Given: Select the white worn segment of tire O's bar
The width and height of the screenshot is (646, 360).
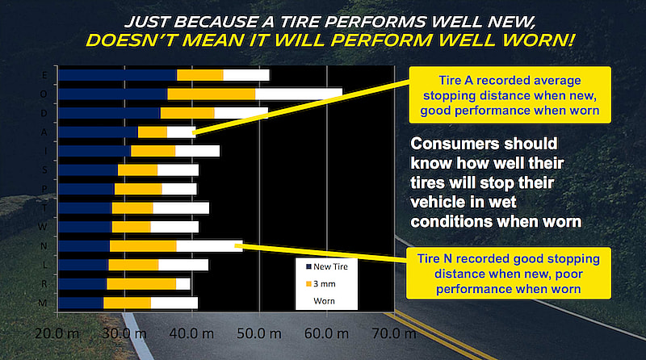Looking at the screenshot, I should tap(298, 94).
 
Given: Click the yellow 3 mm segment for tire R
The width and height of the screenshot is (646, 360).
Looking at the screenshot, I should tap(141, 283).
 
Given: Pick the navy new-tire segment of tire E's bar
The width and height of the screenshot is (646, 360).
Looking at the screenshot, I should tap(118, 75).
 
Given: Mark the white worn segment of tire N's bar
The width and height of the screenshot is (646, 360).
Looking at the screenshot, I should tap(209, 245).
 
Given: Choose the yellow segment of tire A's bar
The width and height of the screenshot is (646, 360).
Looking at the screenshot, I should tap(153, 132).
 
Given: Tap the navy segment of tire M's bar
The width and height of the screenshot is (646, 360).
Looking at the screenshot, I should tap(81, 303).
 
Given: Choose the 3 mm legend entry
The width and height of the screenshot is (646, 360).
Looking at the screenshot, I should tap(323, 284).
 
